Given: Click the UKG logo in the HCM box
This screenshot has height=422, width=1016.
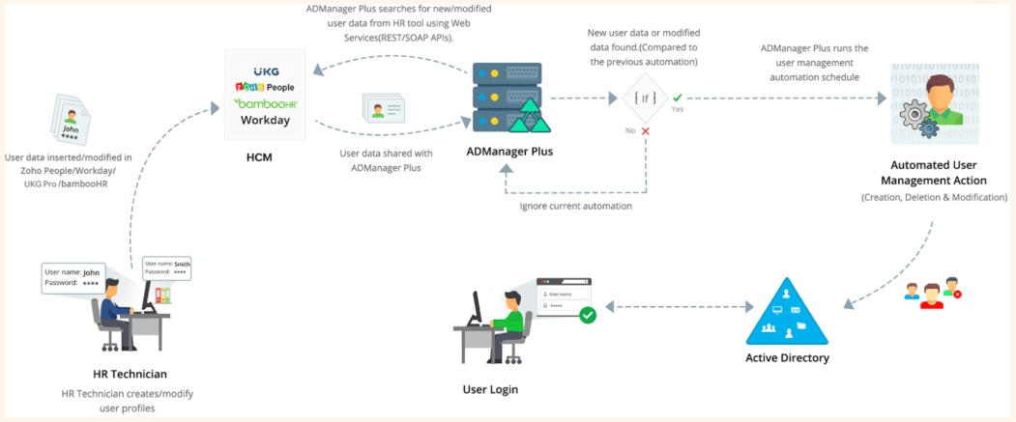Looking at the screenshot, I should (x=266, y=71).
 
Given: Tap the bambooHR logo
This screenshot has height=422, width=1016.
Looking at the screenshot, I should (x=266, y=102).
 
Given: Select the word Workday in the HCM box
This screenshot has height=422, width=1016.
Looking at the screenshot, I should (x=266, y=121).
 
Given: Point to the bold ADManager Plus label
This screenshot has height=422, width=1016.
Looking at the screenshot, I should (x=508, y=152).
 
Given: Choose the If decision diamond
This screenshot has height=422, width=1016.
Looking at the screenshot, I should (x=645, y=98).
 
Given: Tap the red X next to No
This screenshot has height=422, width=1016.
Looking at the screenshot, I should (x=645, y=129).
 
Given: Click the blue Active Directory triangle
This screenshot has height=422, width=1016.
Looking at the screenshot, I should (x=787, y=313).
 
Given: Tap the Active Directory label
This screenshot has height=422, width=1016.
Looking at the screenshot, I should (x=787, y=358).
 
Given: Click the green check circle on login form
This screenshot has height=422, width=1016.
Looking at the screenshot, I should (x=587, y=314).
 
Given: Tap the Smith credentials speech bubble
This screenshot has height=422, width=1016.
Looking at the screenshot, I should (x=167, y=267).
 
